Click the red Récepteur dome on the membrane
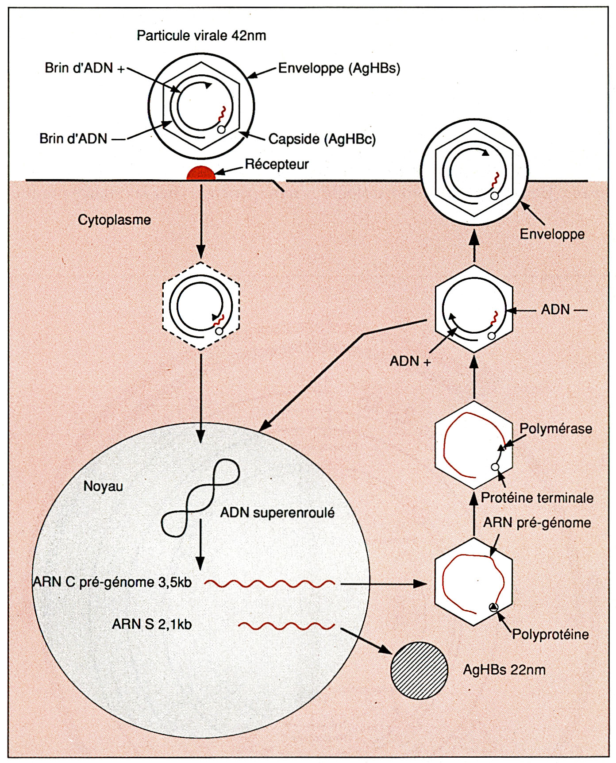tap(201, 173)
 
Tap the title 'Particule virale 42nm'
tap(201, 35)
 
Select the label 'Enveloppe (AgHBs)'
tap(339, 69)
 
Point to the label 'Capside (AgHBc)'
tap(322, 139)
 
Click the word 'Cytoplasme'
tap(114, 220)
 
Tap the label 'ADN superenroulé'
tap(277, 513)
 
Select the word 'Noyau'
tap(103, 486)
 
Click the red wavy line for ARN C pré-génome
tap(269, 584)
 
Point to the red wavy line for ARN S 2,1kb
tap(286, 626)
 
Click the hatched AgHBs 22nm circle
tap(419, 670)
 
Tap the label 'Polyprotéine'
tap(551, 634)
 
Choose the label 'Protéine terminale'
tap(537, 498)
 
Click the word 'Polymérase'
tap(555, 428)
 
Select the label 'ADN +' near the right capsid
tap(410, 361)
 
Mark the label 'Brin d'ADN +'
tap(85, 68)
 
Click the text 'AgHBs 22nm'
tap(504, 670)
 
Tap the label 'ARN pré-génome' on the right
tap(537, 523)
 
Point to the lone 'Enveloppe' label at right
tap(552, 234)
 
